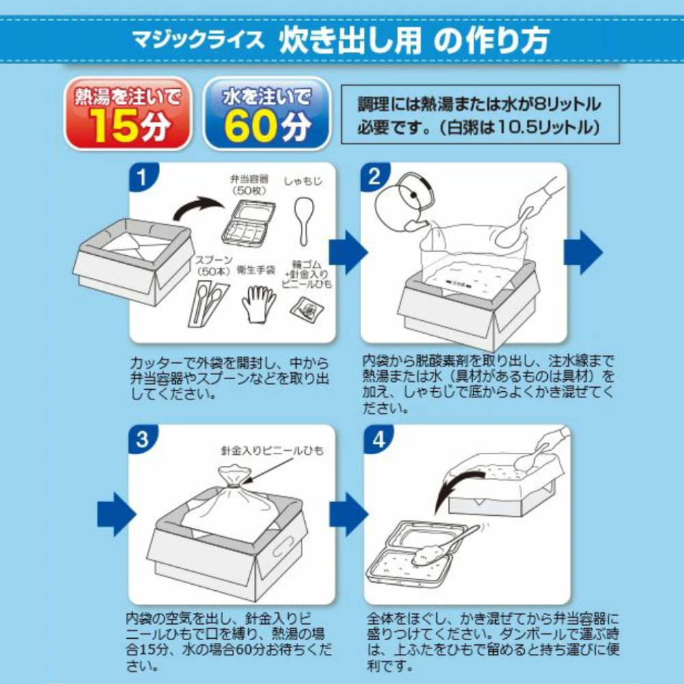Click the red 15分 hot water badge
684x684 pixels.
click(128, 114)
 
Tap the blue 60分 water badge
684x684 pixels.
click(267, 114)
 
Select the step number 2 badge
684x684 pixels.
click(374, 176)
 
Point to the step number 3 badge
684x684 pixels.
click(142, 439)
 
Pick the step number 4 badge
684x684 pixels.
click(378, 439)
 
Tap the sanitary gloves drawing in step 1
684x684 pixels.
click(259, 304)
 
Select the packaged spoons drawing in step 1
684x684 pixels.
click(208, 303)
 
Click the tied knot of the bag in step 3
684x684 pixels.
click(234, 482)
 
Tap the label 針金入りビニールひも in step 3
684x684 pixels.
click(272, 451)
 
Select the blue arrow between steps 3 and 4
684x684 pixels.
click(349, 514)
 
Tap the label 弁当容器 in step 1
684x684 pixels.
click(249, 179)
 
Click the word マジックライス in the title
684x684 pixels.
click(198, 40)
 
